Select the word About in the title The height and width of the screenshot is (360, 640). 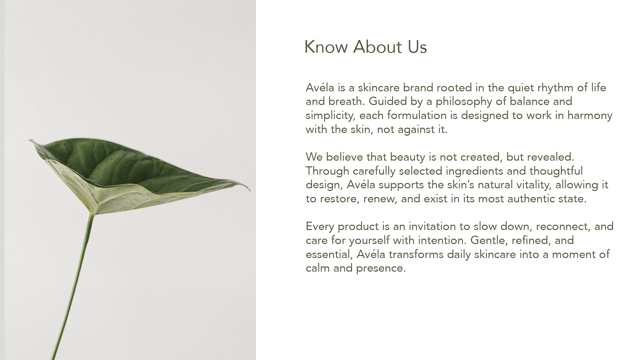tap(378, 47)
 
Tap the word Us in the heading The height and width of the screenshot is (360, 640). tap(417, 47)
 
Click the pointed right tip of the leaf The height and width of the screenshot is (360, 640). tap(250, 190)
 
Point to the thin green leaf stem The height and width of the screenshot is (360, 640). tap(72, 287)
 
